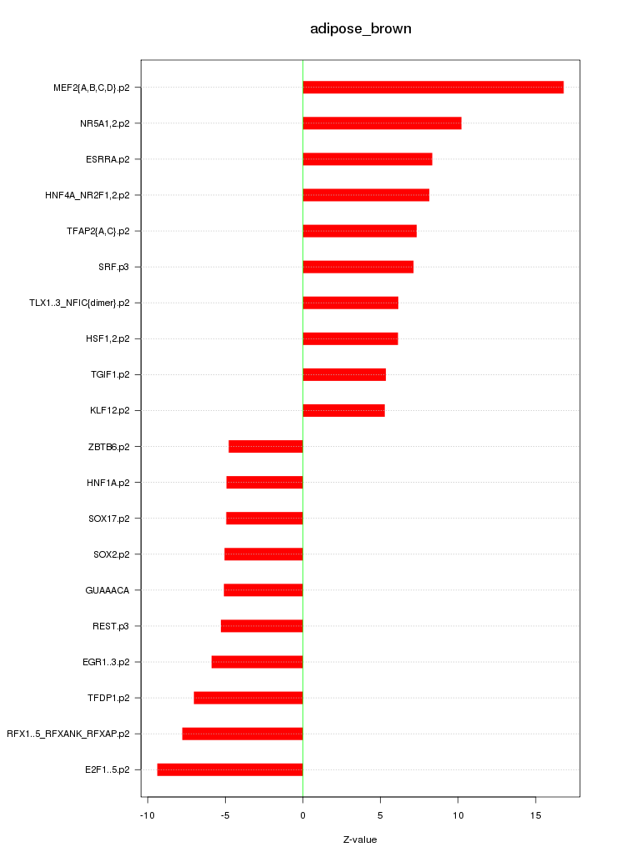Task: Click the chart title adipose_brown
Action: [360, 29]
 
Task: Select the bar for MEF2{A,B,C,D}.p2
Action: [432, 88]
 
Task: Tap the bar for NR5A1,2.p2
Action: [382, 123]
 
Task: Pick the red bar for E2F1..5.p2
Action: [230, 769]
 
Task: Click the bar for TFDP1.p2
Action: [248, 698]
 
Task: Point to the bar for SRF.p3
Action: [357, 267]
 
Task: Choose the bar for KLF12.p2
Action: [343, 410]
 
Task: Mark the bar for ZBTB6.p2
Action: [266, 447]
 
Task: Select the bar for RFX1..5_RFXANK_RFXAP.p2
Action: [242, 734]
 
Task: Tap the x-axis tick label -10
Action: [147, 814]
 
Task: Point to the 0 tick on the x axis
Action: [302, 814]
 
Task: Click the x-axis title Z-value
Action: [360, 839]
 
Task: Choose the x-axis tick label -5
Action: [224, 814]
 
